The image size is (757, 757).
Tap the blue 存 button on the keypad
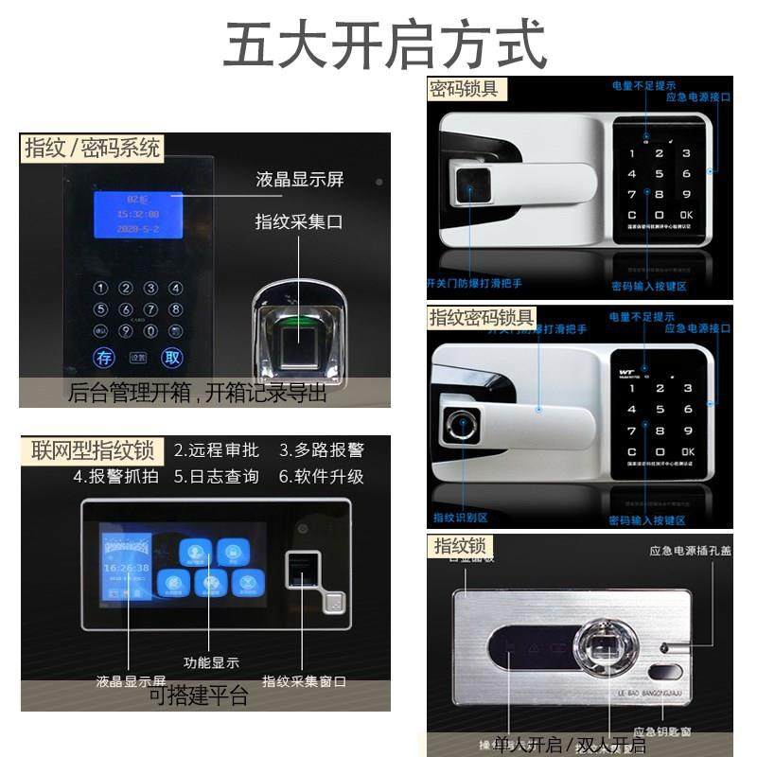[x=104, y=357]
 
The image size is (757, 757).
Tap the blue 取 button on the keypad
[x=171, y=357]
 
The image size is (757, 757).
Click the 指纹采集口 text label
[x=300, y=221]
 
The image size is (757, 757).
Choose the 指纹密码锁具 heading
[x=482, y=316]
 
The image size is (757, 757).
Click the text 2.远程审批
[x=216, y=449]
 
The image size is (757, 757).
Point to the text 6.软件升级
[x=321, y=476]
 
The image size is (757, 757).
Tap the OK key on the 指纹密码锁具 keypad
[x=687, y=451]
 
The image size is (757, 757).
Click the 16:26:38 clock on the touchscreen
[x=126, y=568]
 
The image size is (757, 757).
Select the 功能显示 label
[x=211, y=662]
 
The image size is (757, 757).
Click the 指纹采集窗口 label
[x=304, y=681]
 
